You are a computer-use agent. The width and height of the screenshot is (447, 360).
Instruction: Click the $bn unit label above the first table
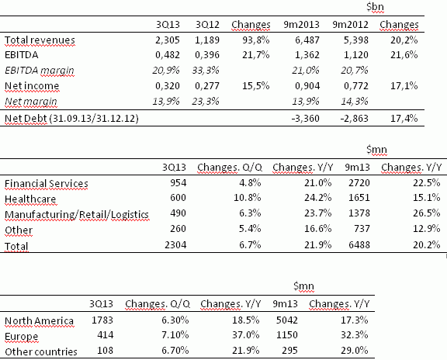(x=375, y=7)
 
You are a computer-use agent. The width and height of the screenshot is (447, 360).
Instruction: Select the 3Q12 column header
(x=207, y=25)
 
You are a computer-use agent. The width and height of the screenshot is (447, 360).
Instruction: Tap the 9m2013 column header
(x=301, y=25)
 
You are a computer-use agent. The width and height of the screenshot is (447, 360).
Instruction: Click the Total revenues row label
(x=40, y=40)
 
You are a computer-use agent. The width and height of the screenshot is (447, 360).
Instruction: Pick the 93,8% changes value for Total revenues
(x=256, y=40)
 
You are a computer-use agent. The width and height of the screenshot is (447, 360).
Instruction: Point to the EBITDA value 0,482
(x=168, y=55)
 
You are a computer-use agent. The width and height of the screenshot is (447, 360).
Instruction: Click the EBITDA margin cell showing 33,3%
(x=206, y=70)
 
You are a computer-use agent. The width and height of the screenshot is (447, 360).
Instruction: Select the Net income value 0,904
(x=307, y=86)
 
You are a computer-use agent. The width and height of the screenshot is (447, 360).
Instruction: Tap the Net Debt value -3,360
(x=305, y=118)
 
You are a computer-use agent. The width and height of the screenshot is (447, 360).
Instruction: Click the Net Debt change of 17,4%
(x=404, y=118)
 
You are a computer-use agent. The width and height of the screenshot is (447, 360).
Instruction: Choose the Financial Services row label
(x=47, y=184)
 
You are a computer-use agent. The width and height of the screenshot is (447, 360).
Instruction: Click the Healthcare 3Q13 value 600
(x=178, y=198)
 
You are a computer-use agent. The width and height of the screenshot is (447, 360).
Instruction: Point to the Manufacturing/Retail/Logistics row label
(x=77, y=214)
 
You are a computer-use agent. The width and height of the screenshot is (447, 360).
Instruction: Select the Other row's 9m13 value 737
(x=362, y=229)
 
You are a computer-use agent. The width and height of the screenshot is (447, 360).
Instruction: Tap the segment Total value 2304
(x=175, y=245)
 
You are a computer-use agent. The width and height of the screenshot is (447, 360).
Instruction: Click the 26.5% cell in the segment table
(x=427, y=213)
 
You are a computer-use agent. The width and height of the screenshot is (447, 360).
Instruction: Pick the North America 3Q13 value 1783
(x=102, y=320)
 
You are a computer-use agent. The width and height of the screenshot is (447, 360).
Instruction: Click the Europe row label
(x=22, y=337)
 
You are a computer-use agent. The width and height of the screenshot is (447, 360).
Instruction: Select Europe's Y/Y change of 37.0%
(x=246, y=334)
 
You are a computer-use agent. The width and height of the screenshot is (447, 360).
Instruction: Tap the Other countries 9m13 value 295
(x=290, y=351)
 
